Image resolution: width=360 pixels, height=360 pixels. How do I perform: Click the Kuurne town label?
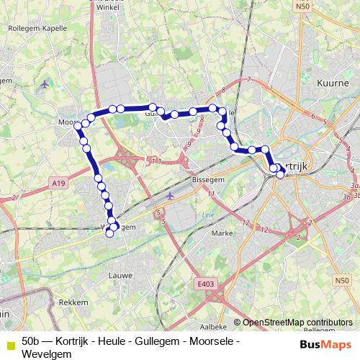(x=333, y=84)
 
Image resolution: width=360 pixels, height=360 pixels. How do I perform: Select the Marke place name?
(x=222, y=233)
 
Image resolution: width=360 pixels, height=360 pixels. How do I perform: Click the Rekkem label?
(x=73, y=302)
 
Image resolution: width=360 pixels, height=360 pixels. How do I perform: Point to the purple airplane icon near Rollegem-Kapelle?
(x=46, y=84)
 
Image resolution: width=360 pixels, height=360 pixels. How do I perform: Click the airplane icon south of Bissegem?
(x=170, y=196)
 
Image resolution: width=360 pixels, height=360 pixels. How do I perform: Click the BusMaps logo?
(x=326, y=343)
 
